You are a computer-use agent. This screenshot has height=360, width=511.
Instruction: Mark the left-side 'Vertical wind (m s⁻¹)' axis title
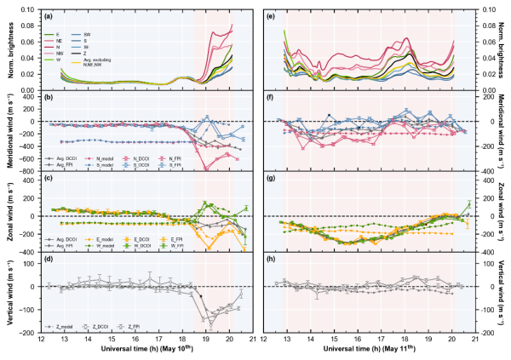[x=8, y=294]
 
